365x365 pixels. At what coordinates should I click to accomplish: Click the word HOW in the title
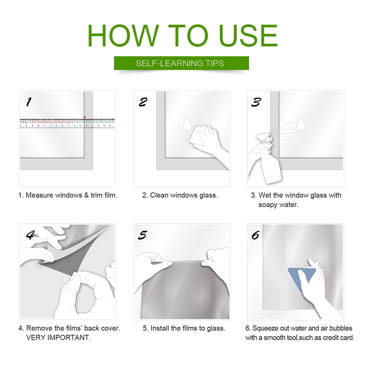tap(123, 36)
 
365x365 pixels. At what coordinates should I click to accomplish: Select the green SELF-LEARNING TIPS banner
tap(181, 63)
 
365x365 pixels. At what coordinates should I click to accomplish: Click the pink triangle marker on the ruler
tap(84, 117)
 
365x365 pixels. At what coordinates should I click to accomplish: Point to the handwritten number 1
tap(29, 102)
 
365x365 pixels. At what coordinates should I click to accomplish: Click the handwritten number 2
tap(143, 102)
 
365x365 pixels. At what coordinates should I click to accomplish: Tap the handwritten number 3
tap(256, 102)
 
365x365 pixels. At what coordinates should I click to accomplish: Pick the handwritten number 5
tap(143, 235)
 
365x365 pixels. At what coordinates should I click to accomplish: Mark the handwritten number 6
tap(255, 235)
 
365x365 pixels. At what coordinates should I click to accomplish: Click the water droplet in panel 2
tap(187, 124)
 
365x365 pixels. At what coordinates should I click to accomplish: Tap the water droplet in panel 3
tap(301, 124)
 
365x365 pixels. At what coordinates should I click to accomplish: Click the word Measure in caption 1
tap(39, 195)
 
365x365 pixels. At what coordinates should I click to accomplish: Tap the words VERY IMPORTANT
tap(58, 338)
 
